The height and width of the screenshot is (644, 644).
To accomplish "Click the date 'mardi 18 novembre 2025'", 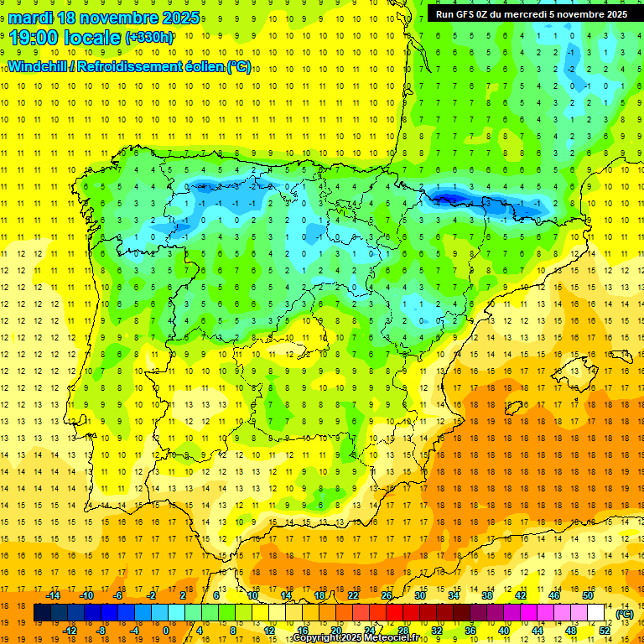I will (104, 18).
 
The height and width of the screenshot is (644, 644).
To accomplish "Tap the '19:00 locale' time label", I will (65, 37).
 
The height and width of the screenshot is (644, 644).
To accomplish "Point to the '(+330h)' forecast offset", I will (150, 38).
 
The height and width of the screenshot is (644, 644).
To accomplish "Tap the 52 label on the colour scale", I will (605, 631).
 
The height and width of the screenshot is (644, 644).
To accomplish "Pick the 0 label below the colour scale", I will (166, 631).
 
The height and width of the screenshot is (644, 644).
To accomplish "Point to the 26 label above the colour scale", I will (387, 595).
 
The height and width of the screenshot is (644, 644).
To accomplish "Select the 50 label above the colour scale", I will (588, 595).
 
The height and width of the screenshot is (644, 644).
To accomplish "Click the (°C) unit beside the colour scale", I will (625, 614).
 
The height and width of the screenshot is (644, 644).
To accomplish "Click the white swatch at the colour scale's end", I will (596, 613).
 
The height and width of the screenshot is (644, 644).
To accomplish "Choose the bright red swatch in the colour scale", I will (395, 613).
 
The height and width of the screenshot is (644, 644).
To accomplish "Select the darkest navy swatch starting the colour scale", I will (42, 613).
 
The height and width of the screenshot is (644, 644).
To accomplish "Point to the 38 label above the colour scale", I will (487, 595).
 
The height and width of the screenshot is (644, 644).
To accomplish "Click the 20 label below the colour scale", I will (336, 631).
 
